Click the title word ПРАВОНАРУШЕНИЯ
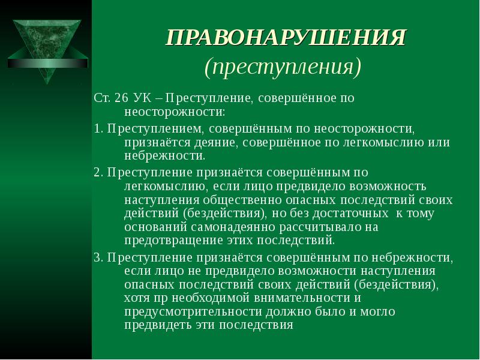coord(286,38)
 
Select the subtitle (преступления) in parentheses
coord(283,67)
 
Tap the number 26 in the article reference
coord(122,98)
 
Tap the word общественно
coord(242,200)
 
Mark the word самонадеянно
coord(233,227)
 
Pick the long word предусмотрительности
coord(193,311)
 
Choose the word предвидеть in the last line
coord(158,325)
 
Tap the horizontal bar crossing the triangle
coord(47,63)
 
